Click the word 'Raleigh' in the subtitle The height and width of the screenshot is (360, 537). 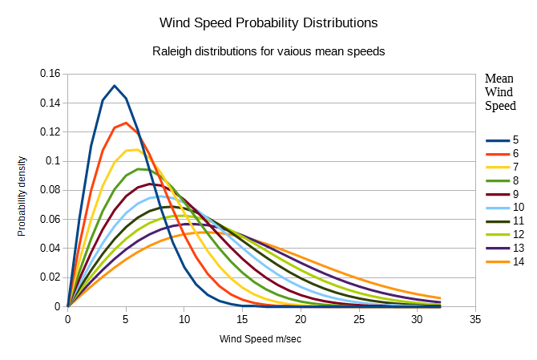click(x=173, y=51)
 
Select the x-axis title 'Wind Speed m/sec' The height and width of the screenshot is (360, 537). click(x=260, y=338)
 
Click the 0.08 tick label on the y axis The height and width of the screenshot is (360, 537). click(x=50, y=190)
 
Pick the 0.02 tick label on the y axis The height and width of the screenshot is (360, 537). click(x=50, y=277)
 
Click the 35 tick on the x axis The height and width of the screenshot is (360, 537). click(x=475, y=319)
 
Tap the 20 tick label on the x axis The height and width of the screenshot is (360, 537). click(x=301, y=319)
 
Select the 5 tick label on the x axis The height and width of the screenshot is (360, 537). click(x=126, y=319)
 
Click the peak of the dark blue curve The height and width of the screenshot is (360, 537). click(x=115, y=86)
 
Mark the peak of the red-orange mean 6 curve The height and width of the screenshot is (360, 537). click(x=126, y=123)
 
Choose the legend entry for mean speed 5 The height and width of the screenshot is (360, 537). click(x=503, y=140)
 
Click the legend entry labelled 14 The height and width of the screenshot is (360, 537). click(x=503, y=261)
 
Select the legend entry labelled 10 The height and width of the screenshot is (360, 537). click(x=503, y=208)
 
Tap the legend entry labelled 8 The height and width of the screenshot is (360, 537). click(x=503, y=180)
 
